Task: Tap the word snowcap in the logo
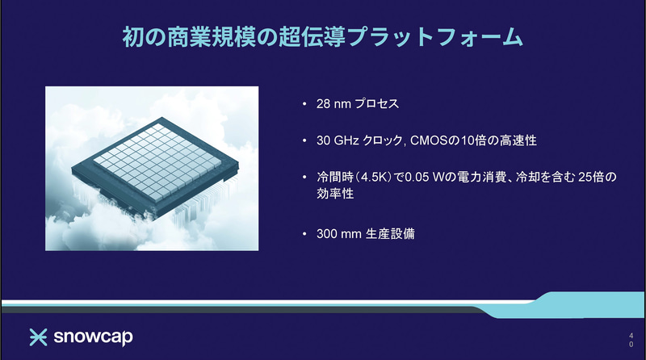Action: (x=93, y=336)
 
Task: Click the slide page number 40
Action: (x=630, y=338)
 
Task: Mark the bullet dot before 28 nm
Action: (x=304, y=105)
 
